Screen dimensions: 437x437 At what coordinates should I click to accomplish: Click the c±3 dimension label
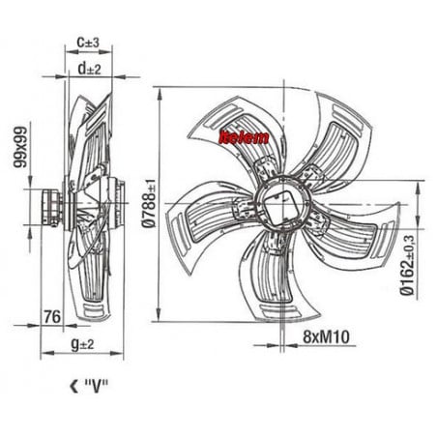(x=88, y=43)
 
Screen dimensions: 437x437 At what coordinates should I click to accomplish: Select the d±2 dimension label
(x=89, y=69)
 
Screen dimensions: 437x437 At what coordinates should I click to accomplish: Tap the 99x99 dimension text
(x=20, y=147)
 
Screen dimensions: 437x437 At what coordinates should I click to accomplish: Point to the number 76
(x=52, y=317)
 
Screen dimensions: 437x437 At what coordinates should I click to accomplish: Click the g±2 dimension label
(x=82, y=345)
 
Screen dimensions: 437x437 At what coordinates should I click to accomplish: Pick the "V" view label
(x=96, y=386)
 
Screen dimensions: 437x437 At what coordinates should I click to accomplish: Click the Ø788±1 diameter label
(x=149, y=203)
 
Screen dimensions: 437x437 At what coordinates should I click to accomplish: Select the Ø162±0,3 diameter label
(x=407, y=265)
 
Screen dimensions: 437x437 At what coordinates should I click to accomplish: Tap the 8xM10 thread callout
(x=326, y=336)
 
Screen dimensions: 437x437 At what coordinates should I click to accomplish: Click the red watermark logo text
(x=244, y=137)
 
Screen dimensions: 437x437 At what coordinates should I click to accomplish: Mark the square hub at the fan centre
(x=281, y=207)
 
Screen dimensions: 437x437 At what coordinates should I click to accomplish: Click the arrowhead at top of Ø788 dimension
(x=159, y=94)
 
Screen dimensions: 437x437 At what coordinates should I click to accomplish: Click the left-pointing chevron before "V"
(x=73, y=387)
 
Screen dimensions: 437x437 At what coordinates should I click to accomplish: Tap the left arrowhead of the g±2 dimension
(x=47, y=354)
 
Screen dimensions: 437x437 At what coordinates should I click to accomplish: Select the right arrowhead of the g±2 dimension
(x=117, y=354)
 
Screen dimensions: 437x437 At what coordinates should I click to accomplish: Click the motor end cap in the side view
(x=51, y=208)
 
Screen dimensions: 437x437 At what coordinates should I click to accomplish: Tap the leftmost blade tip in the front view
(x=166, y=216)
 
